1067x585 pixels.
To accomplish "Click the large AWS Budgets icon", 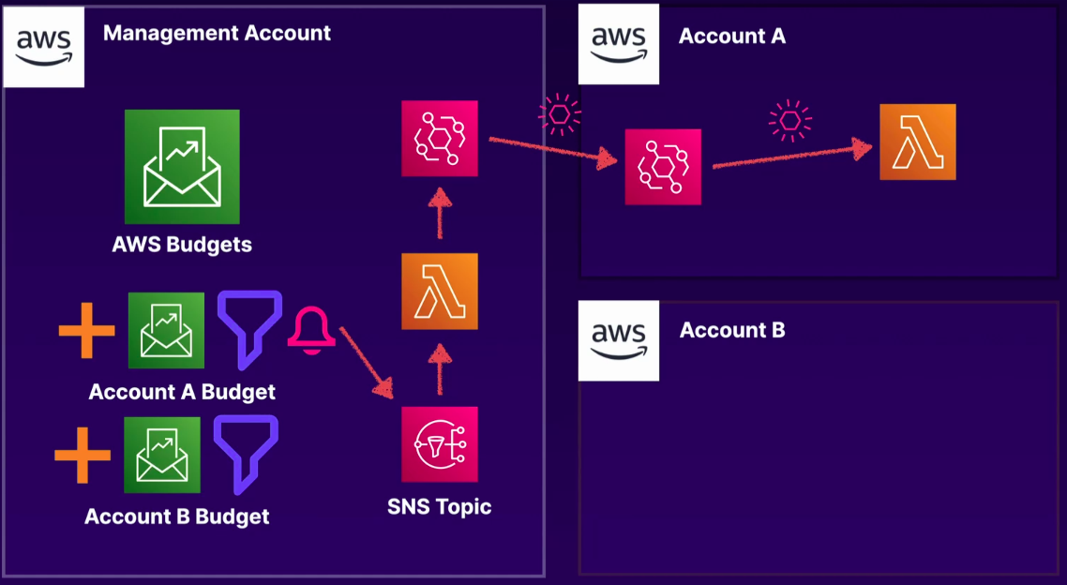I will coord(182,167).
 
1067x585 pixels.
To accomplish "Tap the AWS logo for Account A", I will coord(619,44).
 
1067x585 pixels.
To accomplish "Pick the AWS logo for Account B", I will coord(619,339).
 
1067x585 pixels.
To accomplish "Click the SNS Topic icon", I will coord(440,444).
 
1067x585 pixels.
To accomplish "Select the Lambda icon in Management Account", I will coord(440,292).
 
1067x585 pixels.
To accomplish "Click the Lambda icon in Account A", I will coord(918,142).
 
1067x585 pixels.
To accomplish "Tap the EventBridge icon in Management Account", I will coord(440,139).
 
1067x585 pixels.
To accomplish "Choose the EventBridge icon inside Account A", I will coord(664,167).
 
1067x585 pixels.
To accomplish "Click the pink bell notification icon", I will coord(311,332).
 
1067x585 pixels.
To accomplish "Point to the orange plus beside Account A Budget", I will coord(86,330).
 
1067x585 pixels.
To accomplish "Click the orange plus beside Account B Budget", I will coord(83,455).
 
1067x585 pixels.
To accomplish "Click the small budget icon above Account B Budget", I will coord(162,455).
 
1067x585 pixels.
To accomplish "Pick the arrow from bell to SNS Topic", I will coord(366,361).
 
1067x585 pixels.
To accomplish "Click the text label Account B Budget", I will coord(177,517).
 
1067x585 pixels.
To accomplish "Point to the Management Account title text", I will coord(217,34).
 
